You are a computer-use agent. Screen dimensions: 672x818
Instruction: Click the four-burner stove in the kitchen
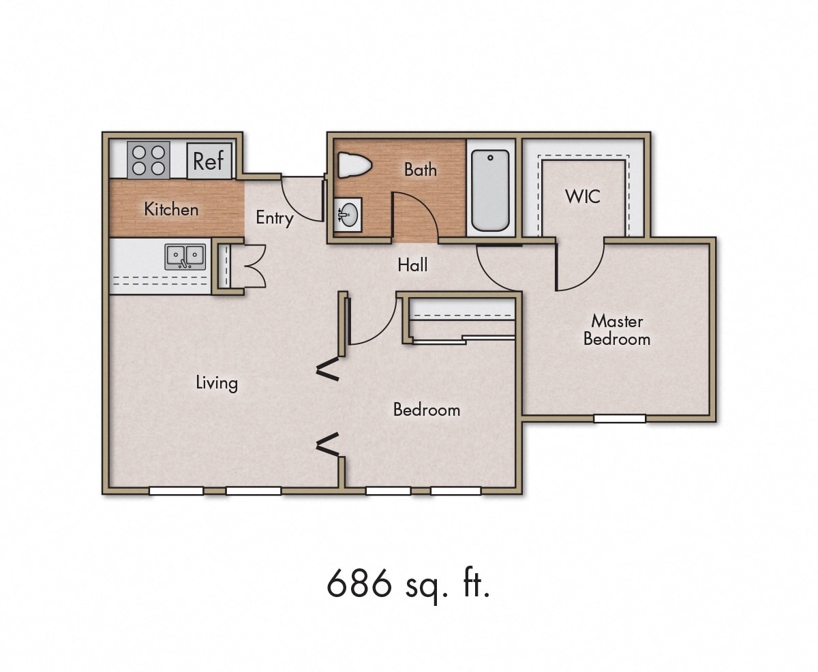(x=148, y=160)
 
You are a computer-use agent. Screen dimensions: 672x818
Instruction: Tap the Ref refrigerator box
(x=209, y=162)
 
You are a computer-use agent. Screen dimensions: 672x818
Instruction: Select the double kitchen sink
(x=185, y=257)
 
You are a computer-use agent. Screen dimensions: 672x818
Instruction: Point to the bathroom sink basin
(x=348, y=215)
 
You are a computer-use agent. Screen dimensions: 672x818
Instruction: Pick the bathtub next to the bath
(x=490, y=190)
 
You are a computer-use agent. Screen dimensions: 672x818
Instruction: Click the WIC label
(x=583, y=196)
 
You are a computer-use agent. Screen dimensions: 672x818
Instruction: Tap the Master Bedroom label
(x=617, y=329)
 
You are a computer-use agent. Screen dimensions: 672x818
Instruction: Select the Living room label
(x=217, y=382)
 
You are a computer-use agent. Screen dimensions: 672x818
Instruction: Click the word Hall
(x=413, y=264)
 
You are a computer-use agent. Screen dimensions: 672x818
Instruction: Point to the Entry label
(x=274, y=218)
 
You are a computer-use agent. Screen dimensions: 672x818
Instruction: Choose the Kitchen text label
(x=171, y=209)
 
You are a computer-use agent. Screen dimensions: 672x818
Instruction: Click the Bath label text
(x=420, y=169)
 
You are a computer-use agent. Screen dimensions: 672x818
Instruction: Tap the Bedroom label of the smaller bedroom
(x=427, y=410)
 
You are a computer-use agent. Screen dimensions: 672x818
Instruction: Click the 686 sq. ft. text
(x=408, y=583)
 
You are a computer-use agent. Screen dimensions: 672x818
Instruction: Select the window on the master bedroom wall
(x=619, y=418)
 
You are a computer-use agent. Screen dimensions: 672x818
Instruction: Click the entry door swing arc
(x=300, y=200)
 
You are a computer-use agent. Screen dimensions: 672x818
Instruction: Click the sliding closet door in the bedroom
(x=464, y=339)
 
